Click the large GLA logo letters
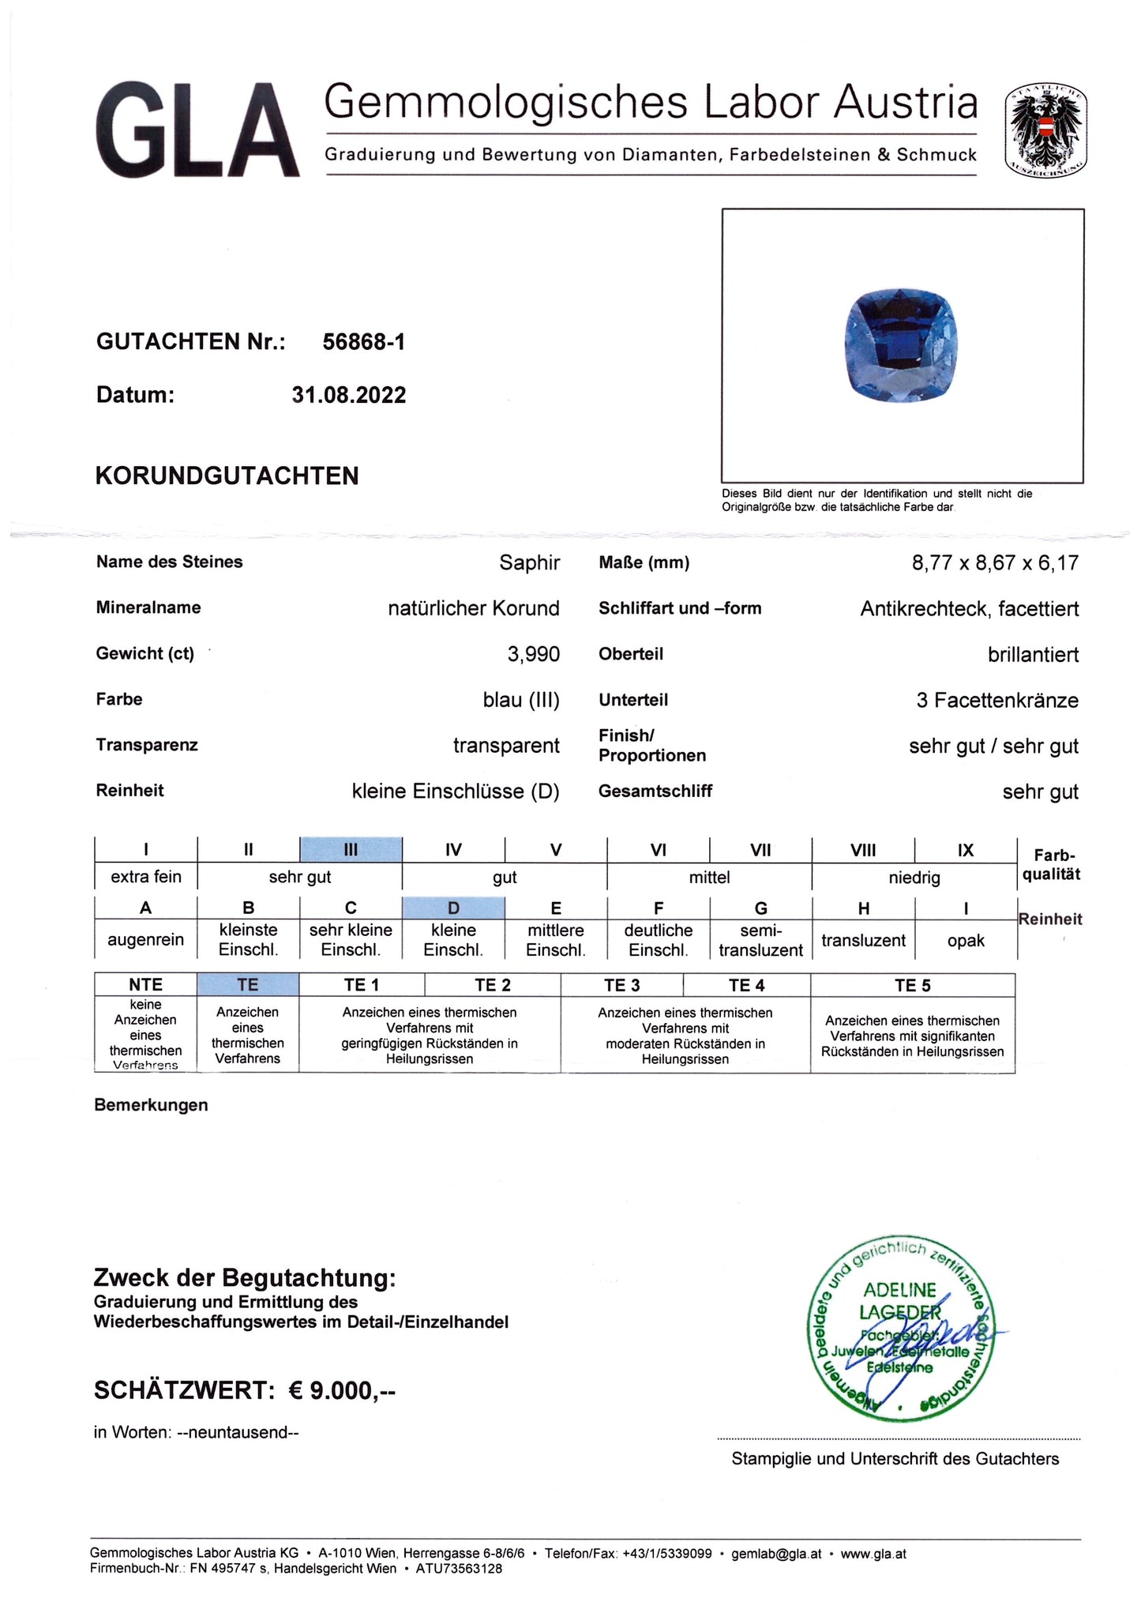(197, 130)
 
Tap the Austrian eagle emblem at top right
(1045, 130)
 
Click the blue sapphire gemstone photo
(901, 344)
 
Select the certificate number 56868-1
(363, 341)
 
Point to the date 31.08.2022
(348, 395)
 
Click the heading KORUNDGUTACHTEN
(227, 476)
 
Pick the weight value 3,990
(533, 654)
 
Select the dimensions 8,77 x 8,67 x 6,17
(995, 562)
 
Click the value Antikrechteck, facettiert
(969, 608)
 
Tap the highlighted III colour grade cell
(351, 850)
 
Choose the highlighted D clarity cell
(453, 908)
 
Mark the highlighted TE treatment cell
(247, 984)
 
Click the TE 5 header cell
(912, 985)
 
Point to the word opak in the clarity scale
(966, 940)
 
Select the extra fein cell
(146, 877)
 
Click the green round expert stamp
(899, 1329)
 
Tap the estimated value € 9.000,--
(342, 1390)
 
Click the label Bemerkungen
(151, 1104)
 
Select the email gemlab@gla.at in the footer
(776, 1554)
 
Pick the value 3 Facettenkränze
(996, 700)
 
